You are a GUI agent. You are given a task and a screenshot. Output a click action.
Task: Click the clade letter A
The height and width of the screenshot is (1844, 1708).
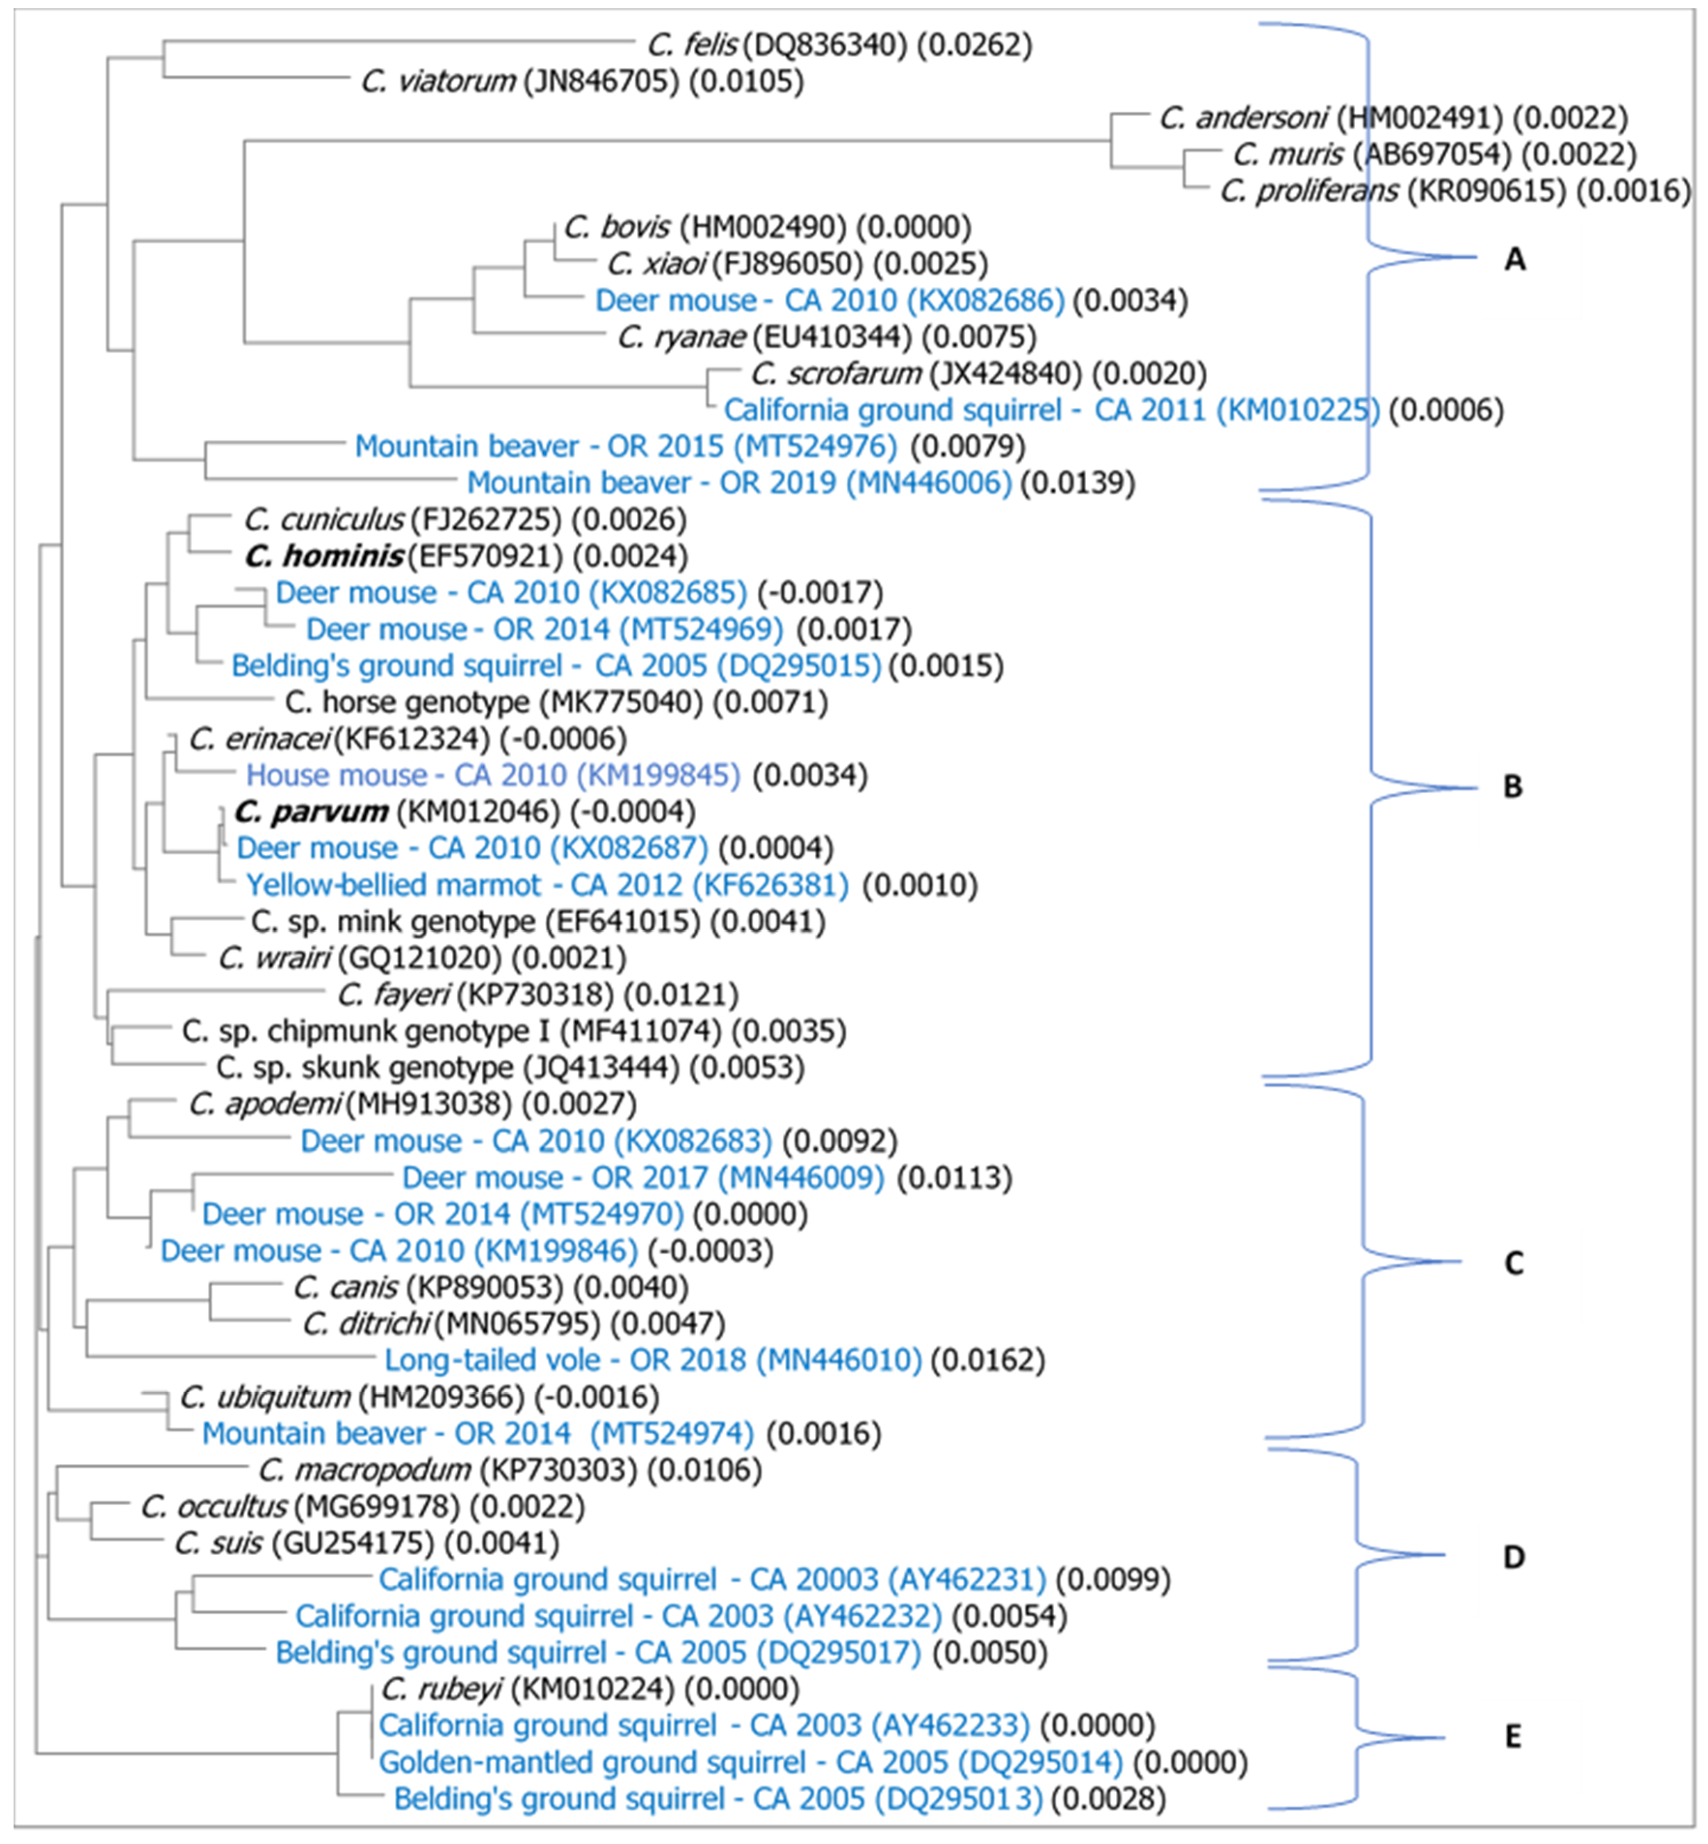[1514, 261]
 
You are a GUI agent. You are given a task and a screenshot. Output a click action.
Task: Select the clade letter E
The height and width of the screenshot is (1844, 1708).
[1512, 1737]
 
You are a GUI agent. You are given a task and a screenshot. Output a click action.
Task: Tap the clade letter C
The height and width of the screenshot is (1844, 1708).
[1513, 1263]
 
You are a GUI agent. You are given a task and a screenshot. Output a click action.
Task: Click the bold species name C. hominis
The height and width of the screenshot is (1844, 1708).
[324, 556]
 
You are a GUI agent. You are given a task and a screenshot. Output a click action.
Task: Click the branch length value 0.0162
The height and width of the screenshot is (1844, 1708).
[988, 1360]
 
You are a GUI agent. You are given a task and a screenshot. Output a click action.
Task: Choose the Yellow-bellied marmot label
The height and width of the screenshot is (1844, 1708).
[394, 885]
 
